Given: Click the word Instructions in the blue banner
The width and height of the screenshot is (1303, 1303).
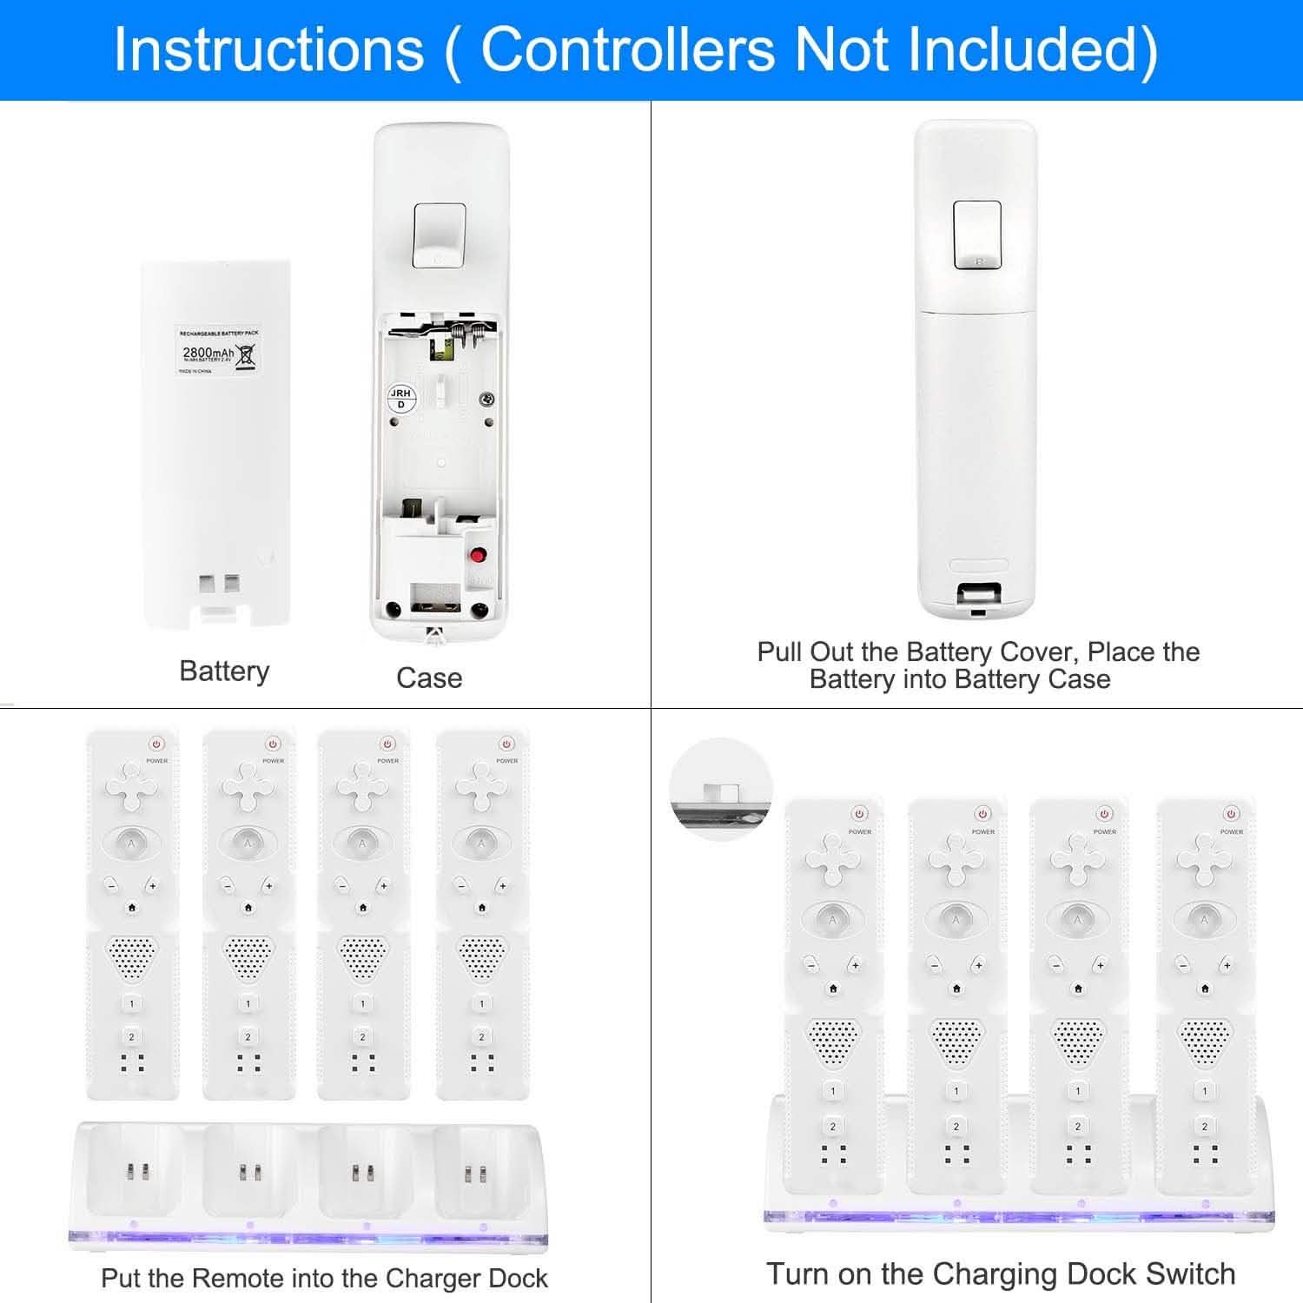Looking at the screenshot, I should [x=268, y=49].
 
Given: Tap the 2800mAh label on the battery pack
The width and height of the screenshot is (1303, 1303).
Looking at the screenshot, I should [x=208, y=353].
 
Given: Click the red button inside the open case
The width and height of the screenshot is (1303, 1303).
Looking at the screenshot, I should [x=477, y=554].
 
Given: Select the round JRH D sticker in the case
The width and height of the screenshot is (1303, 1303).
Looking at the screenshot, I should [x=400, y=399].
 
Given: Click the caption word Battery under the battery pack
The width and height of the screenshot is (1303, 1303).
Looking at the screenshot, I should [x=224, y=671].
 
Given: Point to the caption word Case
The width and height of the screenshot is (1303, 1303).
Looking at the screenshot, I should [x=429, y=678].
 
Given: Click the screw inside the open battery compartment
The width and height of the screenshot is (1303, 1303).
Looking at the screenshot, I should [x=488, y=399].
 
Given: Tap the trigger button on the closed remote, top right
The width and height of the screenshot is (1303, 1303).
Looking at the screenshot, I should [x=977, y=235].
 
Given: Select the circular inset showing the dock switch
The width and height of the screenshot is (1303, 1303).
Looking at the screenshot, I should [x=720, y=789].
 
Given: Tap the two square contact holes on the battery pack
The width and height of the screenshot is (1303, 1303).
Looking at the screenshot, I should [x=219, y=583].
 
